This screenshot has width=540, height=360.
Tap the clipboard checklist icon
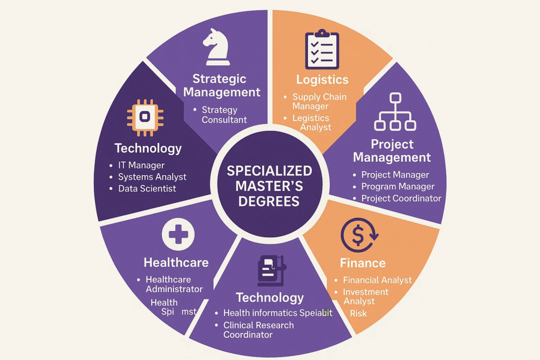click(x=322, y=50)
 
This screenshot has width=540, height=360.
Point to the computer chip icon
click(x=145, y=115)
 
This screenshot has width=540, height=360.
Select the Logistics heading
click(x=322, y=80)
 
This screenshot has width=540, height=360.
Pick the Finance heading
click(x=362, y=262)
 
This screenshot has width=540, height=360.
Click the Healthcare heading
click(x=176, y=262)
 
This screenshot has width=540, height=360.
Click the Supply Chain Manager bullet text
click(x=319, y=102)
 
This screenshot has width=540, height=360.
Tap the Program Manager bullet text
click(x=398, y=187)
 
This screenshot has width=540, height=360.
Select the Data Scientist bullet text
click(x=147, y=188)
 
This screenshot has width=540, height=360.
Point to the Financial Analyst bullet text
click(x=377, y=280)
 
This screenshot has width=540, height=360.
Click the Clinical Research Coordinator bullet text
click(x=258, y=330)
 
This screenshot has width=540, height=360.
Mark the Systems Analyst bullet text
click(x=152, y=177)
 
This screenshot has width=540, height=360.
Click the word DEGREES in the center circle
click(x=269, y=201)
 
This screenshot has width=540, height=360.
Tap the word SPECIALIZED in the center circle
click(x=269, y=171)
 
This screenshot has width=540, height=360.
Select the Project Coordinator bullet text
click(x=401, y=198)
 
